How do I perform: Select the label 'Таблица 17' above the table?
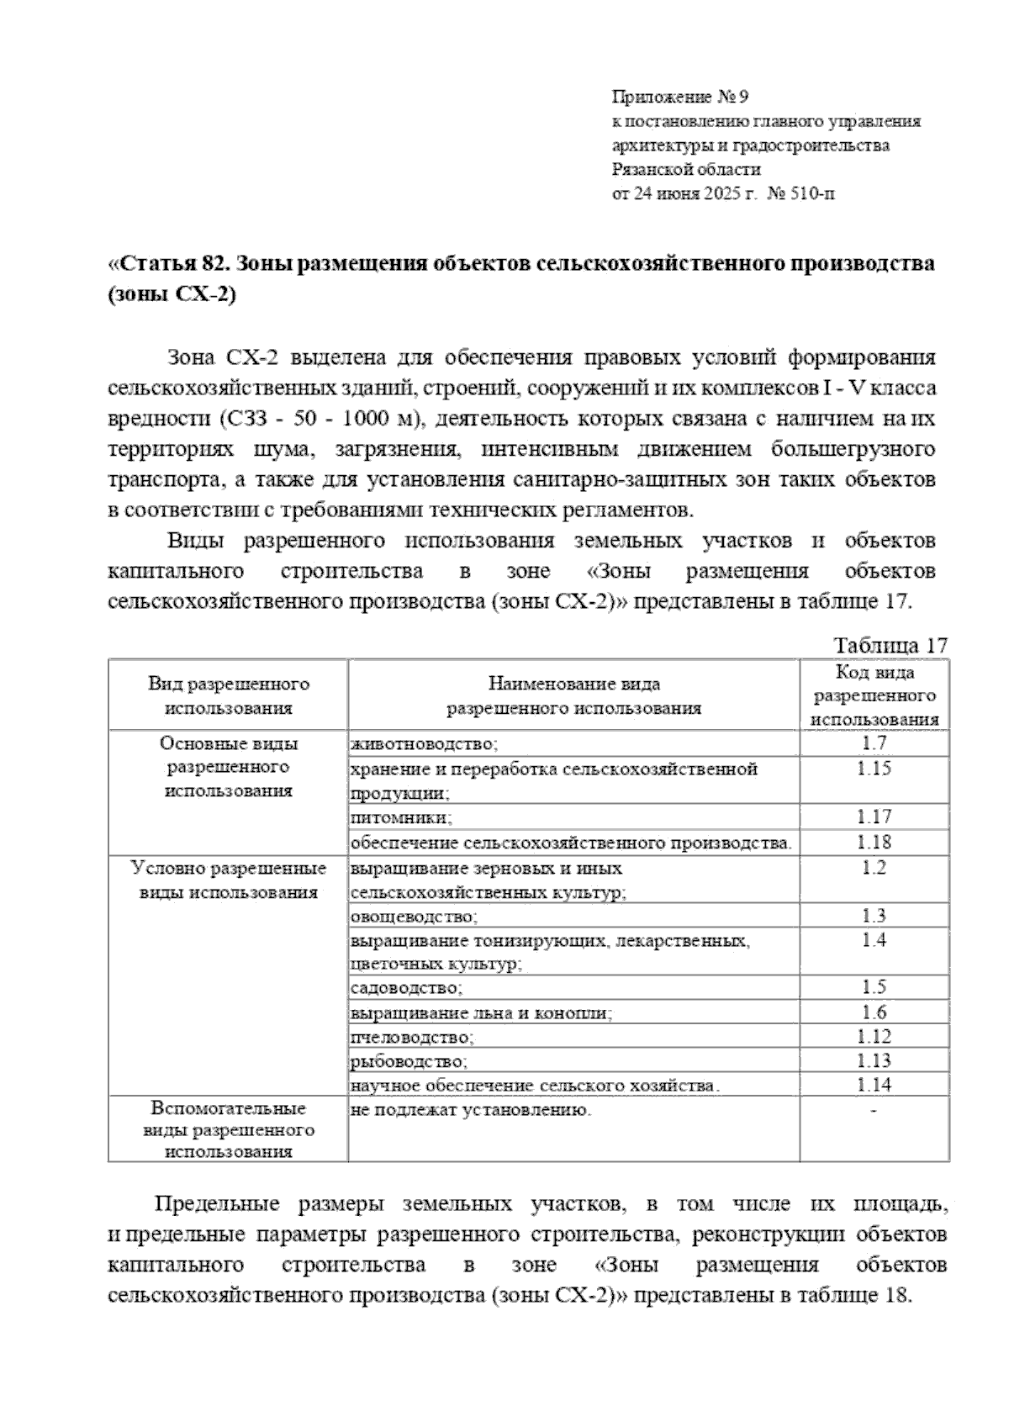coord(890,646)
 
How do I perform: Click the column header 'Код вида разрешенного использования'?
coord(874,696)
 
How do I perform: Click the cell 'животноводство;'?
coord(424,744)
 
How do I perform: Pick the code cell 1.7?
coord(874,743)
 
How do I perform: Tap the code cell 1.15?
coord(874,769)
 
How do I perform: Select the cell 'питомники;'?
coord(402,817)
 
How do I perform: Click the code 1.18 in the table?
coord(874,842)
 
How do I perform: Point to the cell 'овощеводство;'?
coord(415,917)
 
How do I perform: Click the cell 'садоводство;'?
coord(406,988)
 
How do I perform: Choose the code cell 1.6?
coord(874,1012)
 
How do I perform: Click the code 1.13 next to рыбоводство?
coord(874,1061)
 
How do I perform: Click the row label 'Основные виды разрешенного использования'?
coord(229,767)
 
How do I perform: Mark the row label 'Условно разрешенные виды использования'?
coord(229,880)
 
